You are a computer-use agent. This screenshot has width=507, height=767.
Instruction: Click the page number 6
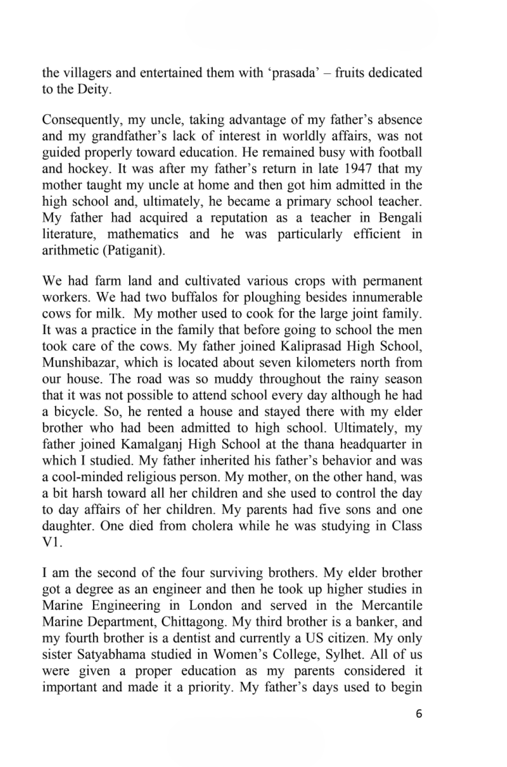(x=419, y=714)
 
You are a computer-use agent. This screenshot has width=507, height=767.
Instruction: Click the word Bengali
(x=400, y=218)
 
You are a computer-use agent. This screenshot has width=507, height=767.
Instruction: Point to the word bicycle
(x=72, y=412)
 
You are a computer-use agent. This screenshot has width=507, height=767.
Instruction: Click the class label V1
(x=51, y=542)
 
